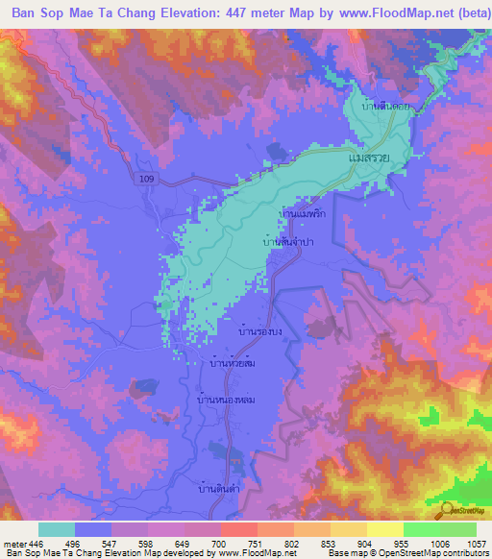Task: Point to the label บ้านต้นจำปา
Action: tap(288, 243)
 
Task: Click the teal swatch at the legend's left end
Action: tap(56, 529)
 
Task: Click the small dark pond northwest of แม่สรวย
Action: tap(276, 150)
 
